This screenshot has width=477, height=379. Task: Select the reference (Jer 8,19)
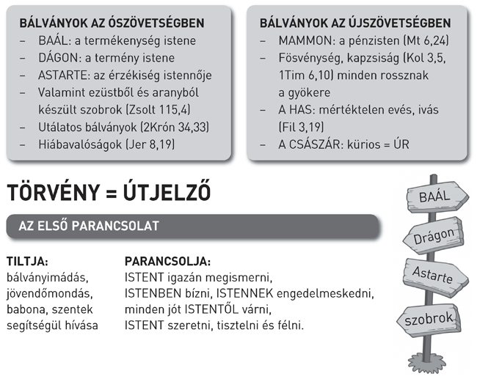point(151,144)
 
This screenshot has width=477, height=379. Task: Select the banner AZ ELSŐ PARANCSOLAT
point(95,227)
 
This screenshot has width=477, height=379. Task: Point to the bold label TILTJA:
point(27,261)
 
